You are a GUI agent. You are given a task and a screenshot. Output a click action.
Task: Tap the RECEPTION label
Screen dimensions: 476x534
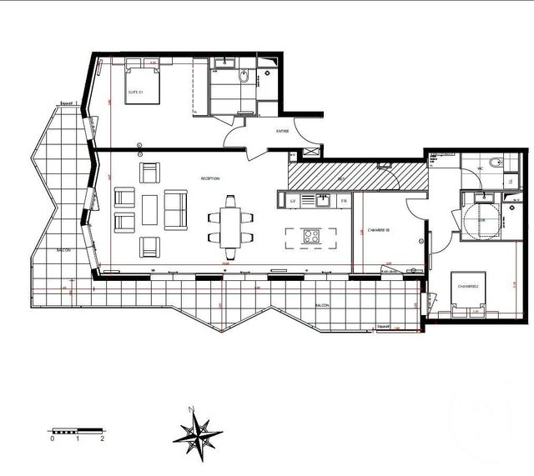tap(209, 179)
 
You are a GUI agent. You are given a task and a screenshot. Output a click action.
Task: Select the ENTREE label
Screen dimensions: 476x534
tap(283, 131)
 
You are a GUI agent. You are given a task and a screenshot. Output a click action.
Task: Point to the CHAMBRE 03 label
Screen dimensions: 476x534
tap(377, 230)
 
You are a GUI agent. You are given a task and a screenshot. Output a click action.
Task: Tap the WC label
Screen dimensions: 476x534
tap(481, 169)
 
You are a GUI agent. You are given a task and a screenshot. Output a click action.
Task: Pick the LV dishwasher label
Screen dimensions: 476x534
tap(294, 201)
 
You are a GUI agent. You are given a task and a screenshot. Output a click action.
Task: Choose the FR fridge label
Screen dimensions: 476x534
tap(343, 201)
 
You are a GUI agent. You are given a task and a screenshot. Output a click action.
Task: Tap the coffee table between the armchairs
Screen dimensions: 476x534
tap(149, 208)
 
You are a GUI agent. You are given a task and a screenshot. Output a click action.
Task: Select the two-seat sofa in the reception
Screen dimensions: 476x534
tap(175, 209)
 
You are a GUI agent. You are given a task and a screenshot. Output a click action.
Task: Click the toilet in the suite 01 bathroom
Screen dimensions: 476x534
tap(244, 77)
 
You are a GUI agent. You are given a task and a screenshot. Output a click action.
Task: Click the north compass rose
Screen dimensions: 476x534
tap(197, 431)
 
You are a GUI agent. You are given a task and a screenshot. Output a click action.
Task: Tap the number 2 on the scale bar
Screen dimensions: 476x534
tap(102, 438)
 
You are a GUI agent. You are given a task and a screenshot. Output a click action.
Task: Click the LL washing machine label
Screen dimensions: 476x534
tap(511, 182)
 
